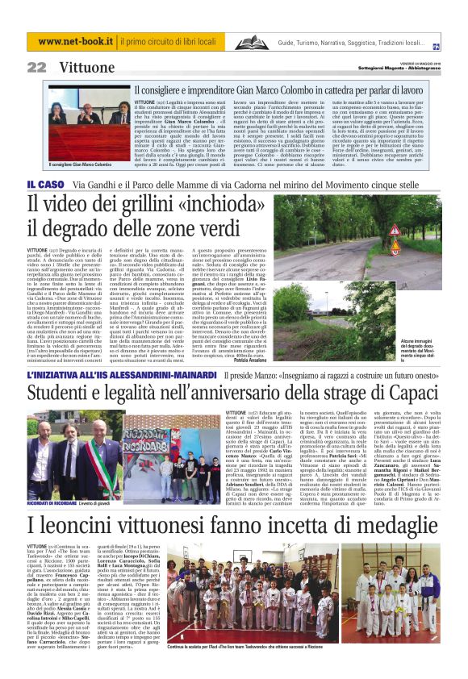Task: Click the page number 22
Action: [36, 67]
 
